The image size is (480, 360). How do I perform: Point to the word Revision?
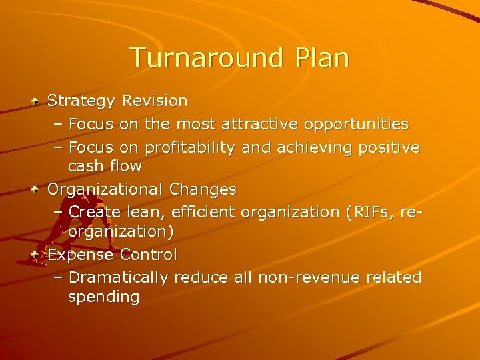point(155,101)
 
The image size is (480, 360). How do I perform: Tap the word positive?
point(389,147)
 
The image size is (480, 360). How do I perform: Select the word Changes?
point(203,189)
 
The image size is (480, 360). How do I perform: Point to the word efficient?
point(203,212)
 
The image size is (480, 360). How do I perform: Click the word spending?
point(103,297)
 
